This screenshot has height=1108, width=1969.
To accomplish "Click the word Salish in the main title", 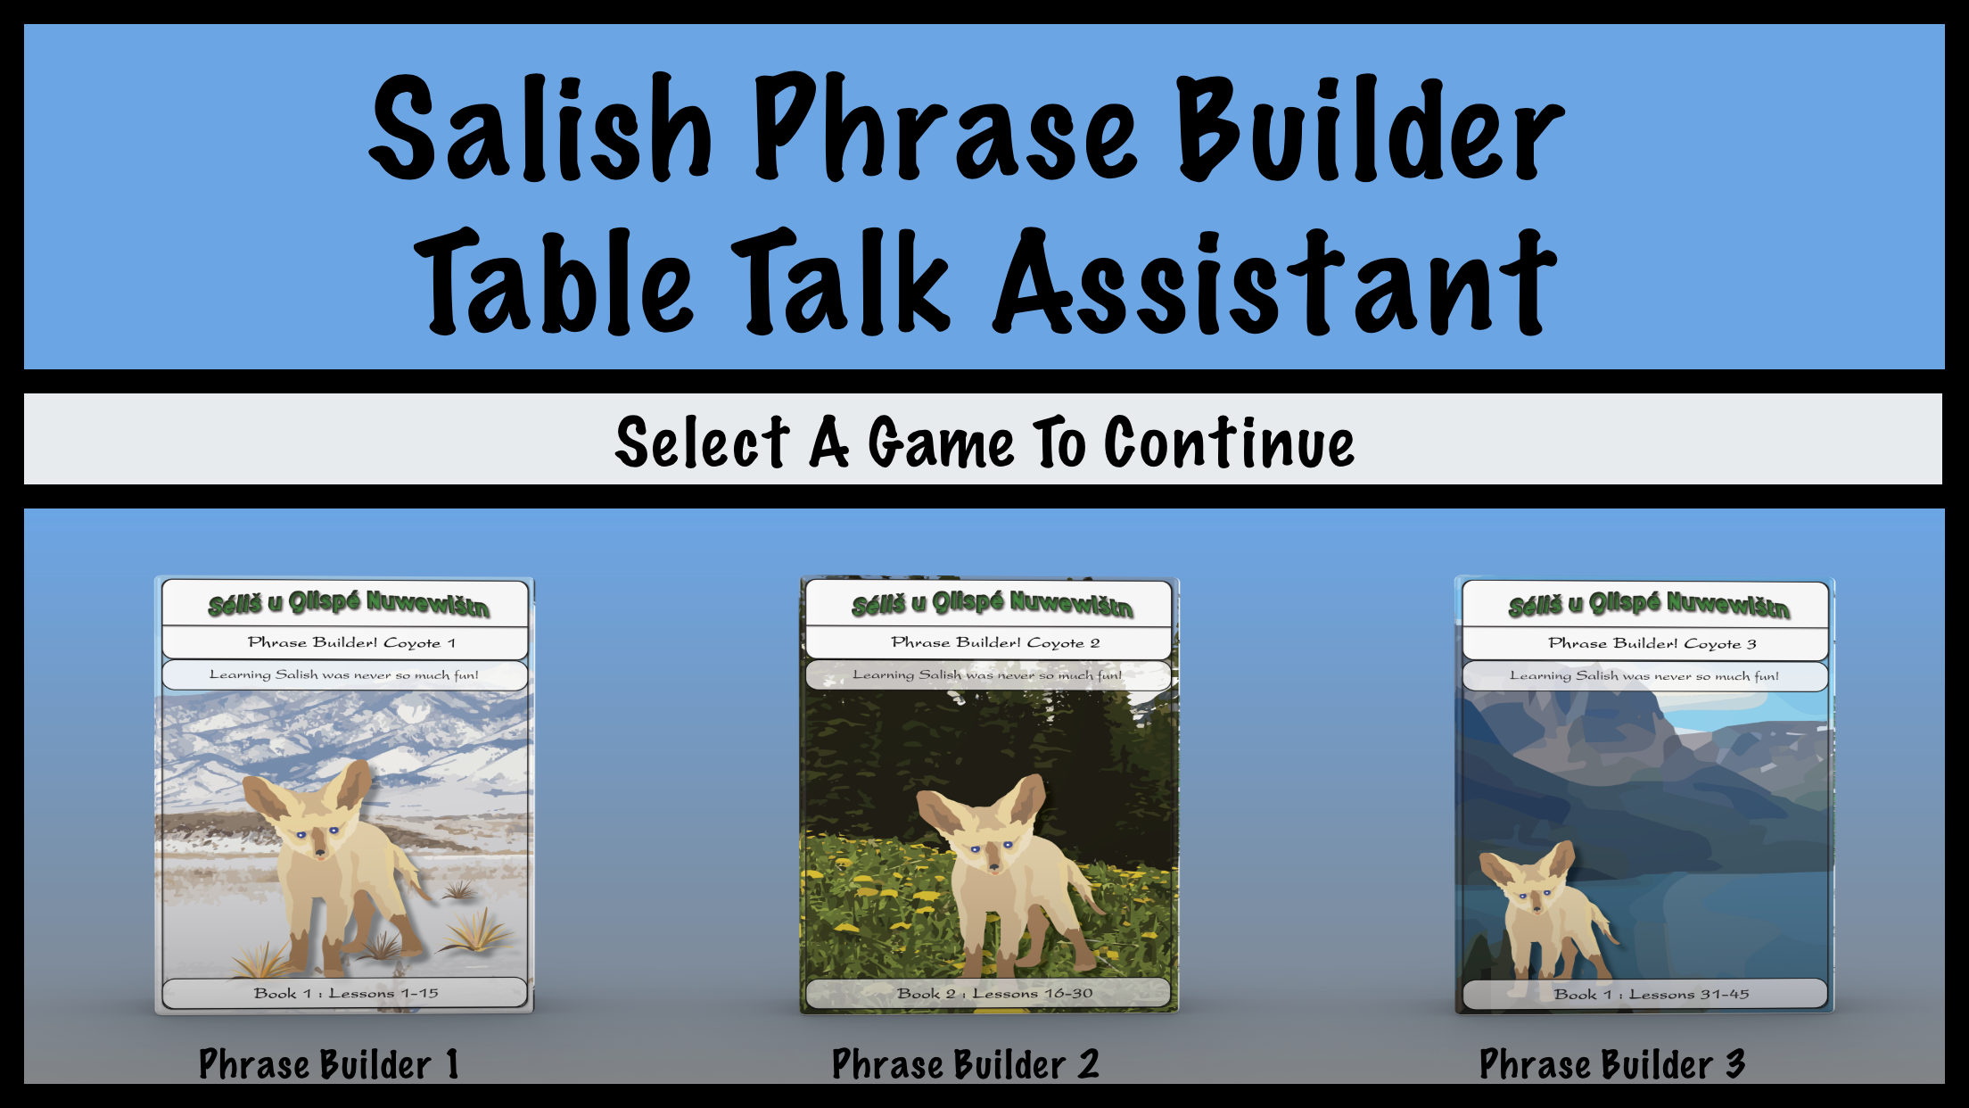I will pyautogui.click(x=540, y=129).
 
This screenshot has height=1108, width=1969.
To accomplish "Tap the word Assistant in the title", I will pyautogui.click(x=1275, y=284).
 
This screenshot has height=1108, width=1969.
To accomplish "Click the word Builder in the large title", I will pyautogui.click(x=1369, y=129).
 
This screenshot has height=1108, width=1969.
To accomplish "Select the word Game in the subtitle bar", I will pyautogui.click(x=941, y=442).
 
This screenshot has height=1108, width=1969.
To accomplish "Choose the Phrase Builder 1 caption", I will pyautogui.click(x=328, y=1064).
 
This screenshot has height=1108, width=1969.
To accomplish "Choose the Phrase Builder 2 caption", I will pyautogui.click(x=965, y=1064).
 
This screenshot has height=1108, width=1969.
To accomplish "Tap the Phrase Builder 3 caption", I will pyautogui.click(x=1611, y=1064).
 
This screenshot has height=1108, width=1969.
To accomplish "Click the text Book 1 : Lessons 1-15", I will pyautogui.click(x=346, y=993).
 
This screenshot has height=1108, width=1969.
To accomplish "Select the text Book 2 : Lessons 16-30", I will pyautogui.click(x=994, y=993).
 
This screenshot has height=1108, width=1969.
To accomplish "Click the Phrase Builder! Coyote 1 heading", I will pyautogui.click(x=351, y=642).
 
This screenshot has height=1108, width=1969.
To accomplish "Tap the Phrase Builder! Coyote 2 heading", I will pyautogui.click(x=995, y=642).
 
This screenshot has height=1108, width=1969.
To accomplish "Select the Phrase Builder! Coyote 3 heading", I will pyautogui.click(x=1652, y=643).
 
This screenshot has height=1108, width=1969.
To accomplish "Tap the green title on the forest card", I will pyautogui.click(x=992, y=604).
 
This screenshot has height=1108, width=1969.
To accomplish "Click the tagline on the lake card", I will pyautogui.click(x=1644, y=675).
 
